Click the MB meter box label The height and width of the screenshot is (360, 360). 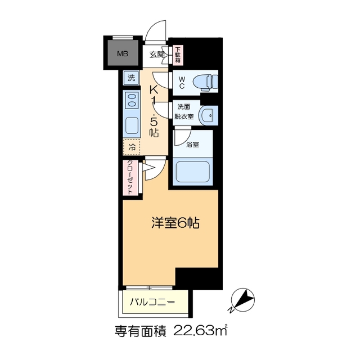point(122,54)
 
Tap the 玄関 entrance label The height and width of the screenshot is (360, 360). point(157,55)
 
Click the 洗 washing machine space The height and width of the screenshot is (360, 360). point(131,78)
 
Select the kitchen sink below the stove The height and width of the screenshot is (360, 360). point(132,124)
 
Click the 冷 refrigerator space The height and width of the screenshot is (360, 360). point(132,147)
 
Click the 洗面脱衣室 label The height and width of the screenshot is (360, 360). point(184,112)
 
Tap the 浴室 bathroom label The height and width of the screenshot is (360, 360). point(193,145)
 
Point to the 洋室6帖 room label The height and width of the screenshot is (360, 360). point(174,223)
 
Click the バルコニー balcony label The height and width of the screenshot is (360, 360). point(152,302)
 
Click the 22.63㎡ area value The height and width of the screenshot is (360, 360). point(202,331)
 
